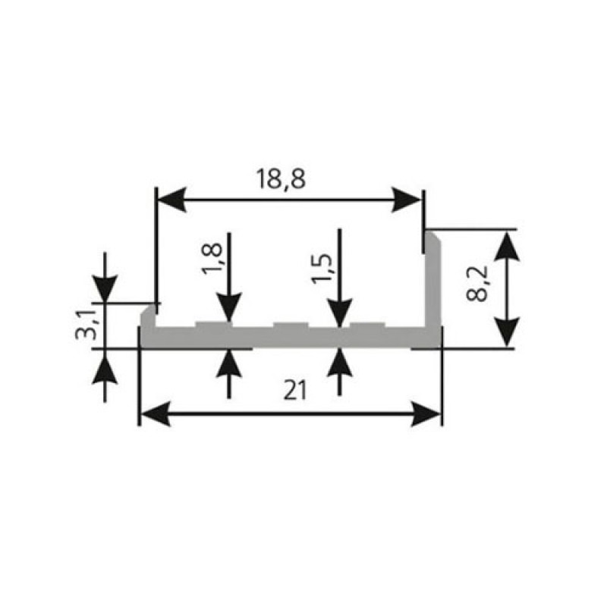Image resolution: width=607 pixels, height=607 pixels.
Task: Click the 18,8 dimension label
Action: (281, 179)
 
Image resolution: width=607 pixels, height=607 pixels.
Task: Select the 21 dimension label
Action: (295, 390)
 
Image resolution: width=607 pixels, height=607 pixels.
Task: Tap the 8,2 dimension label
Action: (477, 284)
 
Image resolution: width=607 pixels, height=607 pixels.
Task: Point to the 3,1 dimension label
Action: (85, 325)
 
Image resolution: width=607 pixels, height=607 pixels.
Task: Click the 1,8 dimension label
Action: (212, 259)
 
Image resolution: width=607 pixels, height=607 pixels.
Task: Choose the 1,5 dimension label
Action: (322, 269)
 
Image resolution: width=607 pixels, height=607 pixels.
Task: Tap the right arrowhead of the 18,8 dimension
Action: (406, 200)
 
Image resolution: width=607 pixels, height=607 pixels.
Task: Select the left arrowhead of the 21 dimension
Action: (155, 414)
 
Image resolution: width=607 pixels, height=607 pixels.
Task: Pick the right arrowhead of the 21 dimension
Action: (426, 414)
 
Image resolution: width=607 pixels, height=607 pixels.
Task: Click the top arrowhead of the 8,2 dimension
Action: (507, 246)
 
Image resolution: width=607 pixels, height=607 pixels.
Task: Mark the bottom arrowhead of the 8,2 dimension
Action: (507, 332)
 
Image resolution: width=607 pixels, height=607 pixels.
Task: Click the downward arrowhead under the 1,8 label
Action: (229, 308)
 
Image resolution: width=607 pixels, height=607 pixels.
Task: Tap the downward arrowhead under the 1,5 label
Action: (339, 314)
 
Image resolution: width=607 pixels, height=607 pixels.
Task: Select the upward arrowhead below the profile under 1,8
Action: (229, 363)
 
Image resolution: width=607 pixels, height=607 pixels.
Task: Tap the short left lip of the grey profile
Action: (149, 316)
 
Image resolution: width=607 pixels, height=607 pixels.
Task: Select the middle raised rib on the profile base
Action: (291, 326)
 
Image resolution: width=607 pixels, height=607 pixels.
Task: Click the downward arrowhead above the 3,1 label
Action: (105, 288)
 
